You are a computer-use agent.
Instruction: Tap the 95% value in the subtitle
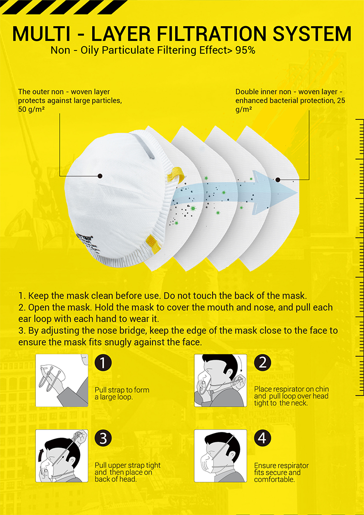pos(245,50)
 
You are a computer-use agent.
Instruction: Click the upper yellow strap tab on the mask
pos(176,174)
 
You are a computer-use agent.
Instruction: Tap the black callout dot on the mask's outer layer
pos(100,176)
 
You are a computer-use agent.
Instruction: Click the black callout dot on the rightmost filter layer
pos(278,180)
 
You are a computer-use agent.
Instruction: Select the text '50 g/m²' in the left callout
pos(32,109)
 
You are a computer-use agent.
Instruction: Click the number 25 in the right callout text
pos(341,100)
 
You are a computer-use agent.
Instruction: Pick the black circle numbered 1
pos(103,363)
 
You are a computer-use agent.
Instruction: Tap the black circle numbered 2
pos(263,363)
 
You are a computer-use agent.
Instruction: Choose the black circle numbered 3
pos(103,438)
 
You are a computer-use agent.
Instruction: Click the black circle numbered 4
pos(263,438)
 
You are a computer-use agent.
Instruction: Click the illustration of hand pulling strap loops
pos(62,381)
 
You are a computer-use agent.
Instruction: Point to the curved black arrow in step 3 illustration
pos(41,456)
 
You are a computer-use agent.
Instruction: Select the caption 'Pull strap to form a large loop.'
pos(122,394)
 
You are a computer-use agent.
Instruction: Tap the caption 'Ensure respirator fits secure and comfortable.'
pos(281,472)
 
